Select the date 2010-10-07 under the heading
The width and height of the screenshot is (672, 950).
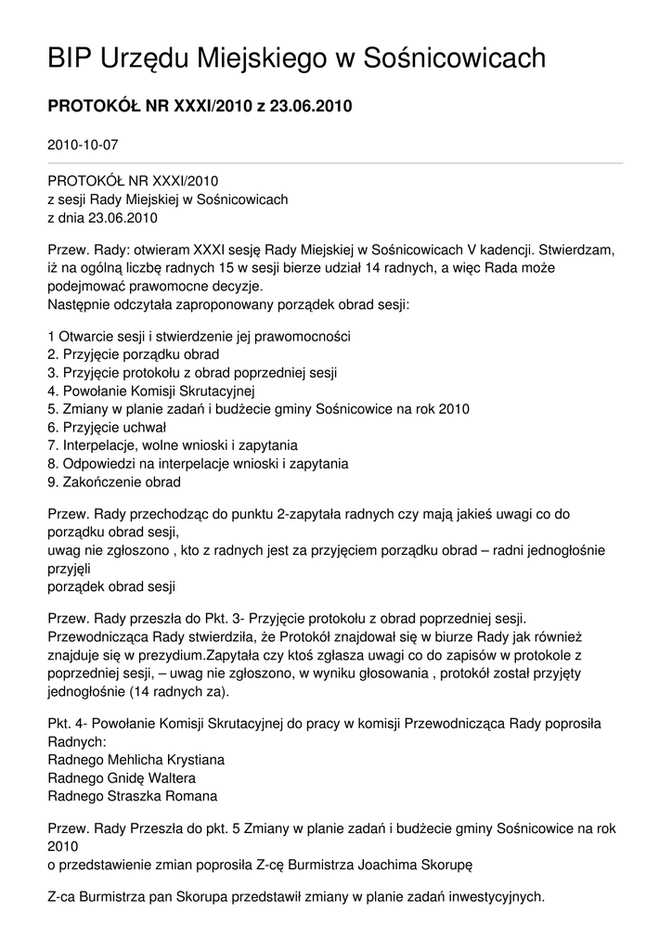pos(83,145)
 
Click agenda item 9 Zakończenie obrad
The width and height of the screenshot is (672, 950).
pos(113,481)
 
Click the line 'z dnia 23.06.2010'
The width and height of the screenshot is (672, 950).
pos(102,219)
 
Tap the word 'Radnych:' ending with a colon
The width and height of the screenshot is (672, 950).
pos(76,741)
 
